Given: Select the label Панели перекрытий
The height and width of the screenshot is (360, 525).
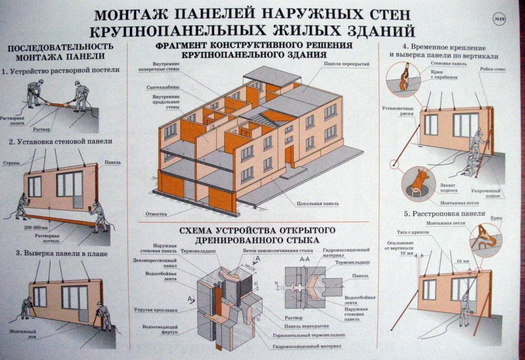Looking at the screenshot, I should pyautogui.click(x=346, y=63).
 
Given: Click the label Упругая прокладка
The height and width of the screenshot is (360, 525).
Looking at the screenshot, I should pyautogui.click(x=157, y=310).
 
